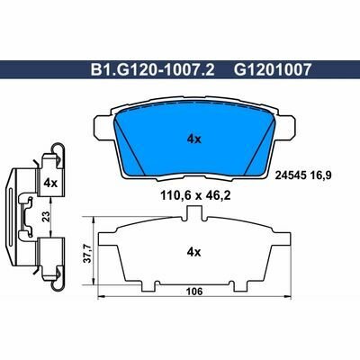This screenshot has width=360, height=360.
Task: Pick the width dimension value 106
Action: pyautogui.click(x=193, y=292)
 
